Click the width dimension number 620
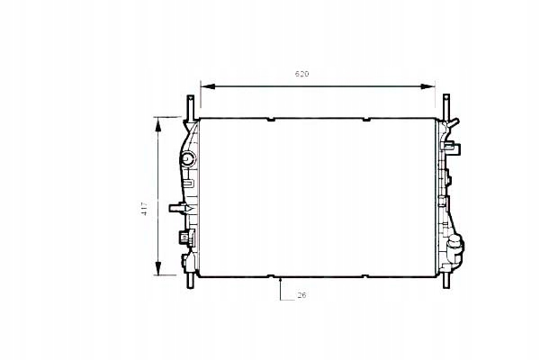pyautogui.click(x=313, y=73)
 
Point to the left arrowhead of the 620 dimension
pyautogui.click(x=204, y=86)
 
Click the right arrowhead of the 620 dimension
pyautogui.click(x=431, y=86)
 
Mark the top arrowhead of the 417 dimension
pyautogui.click(x=159, y=122)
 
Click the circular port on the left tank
pyautogui.click(x=186, y=160)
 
